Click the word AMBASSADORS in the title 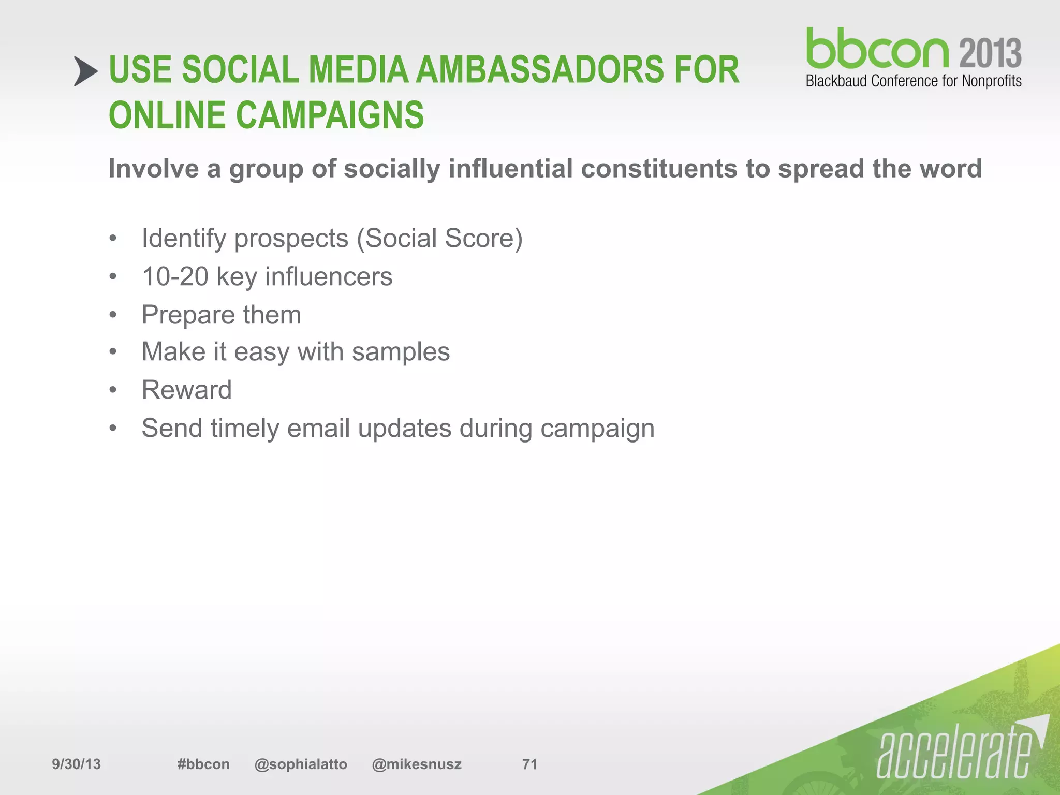point(539,70)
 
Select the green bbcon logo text point(877,49)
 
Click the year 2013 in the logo point(990,53)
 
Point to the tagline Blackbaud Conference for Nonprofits point(914,81)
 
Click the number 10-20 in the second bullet point(175,276)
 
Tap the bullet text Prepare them point(221,315)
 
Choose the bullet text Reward point(186,390)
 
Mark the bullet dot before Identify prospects point(113,239)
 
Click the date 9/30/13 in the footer point(76,764)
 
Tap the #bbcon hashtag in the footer point(203,764)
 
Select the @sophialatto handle point(301,764)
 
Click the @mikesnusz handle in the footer point(416,764)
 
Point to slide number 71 point(529,764)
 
